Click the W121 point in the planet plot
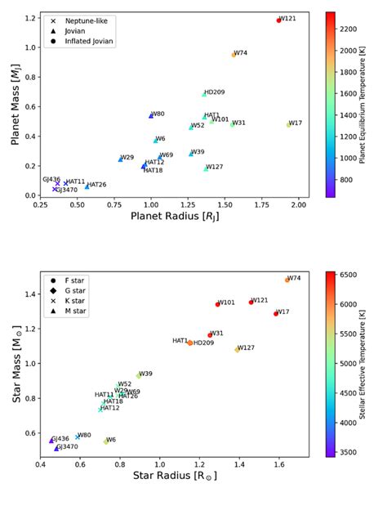coord(278,20)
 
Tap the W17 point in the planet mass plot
coord(288,125)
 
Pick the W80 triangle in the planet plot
coord(151,116)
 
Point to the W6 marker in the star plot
coord(106,441)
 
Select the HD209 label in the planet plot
coord(215,92)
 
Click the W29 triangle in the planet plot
coord(120,159)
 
